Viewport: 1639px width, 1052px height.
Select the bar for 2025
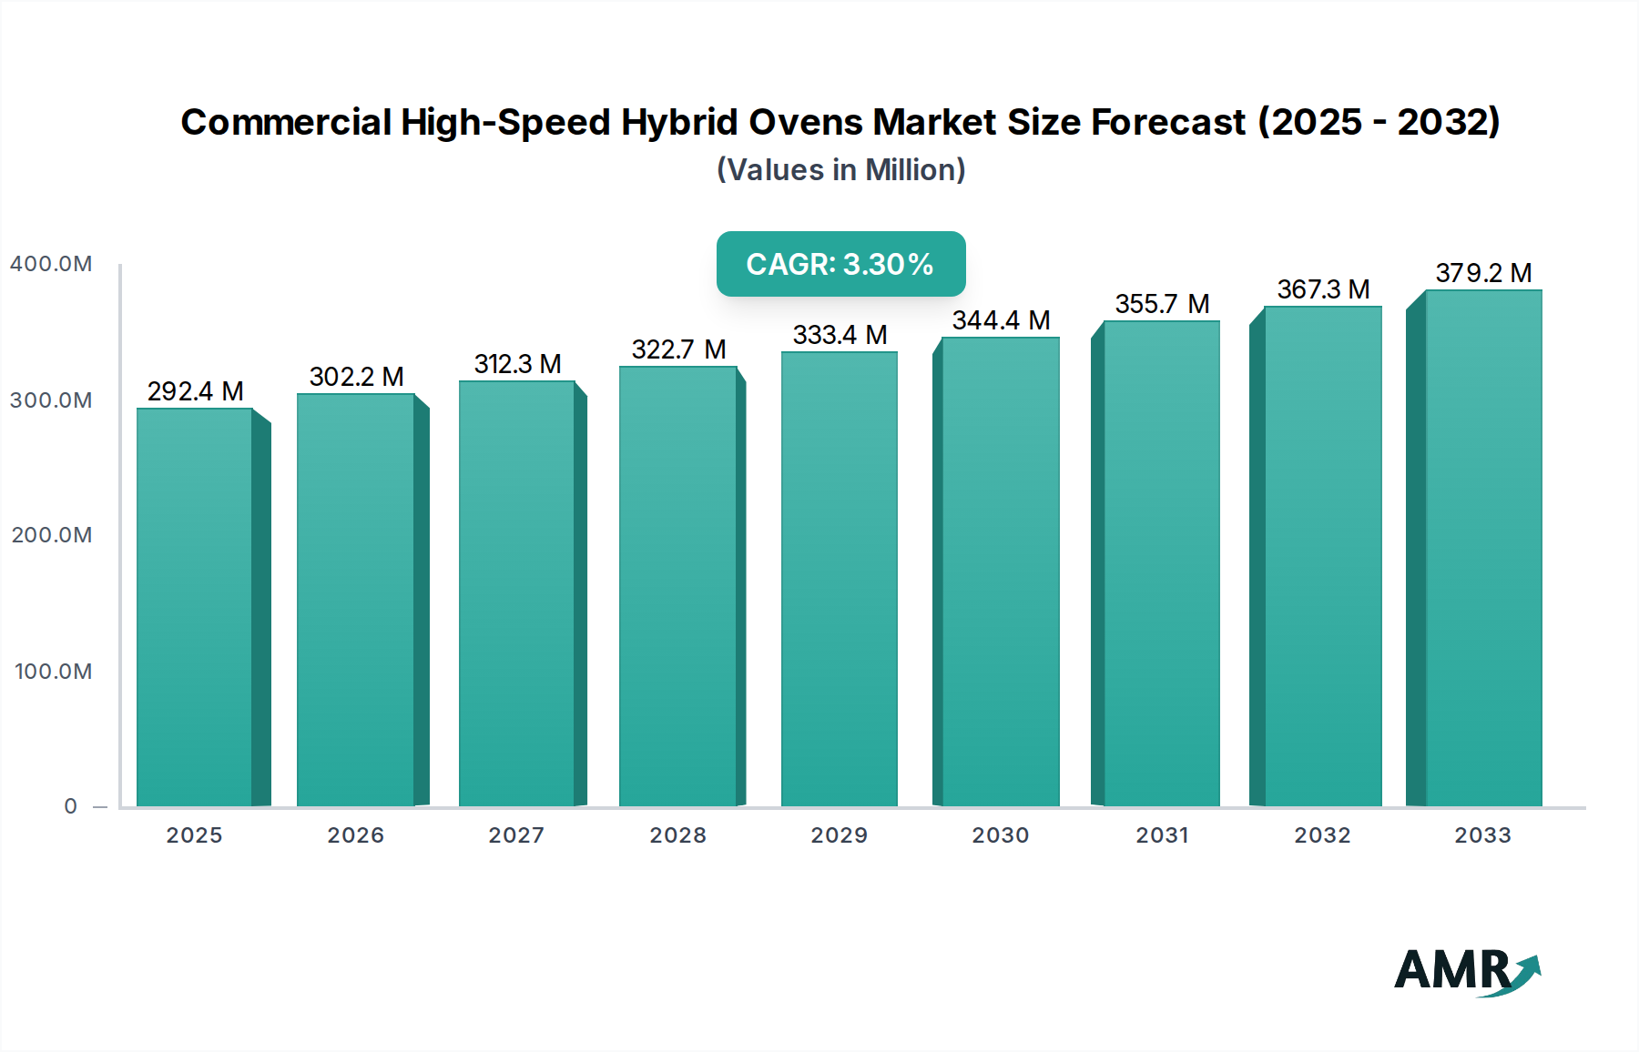click(x=195, y=607)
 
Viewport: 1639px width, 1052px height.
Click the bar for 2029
click(x=839, y=579)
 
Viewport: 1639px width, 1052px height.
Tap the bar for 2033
click(x=1483, y=548)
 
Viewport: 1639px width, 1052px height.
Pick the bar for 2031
click(x=1161, y=563)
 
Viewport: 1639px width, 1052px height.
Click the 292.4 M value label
click(x=195, y=391)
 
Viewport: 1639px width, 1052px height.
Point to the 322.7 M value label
click(x=678, y=349)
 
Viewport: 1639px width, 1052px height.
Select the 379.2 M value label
click(x=1483, y=273)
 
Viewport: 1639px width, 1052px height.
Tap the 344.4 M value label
click(x=1001, y=320)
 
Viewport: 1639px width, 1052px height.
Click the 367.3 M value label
click(x=1323, y=289)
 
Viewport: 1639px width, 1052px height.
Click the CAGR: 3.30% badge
click(x=840, y=264)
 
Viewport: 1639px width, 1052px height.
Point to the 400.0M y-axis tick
click(x=51, y=264)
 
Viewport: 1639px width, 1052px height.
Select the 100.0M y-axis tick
click(x=53, y=672)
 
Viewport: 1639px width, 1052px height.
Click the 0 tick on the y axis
click(x=71, y=806)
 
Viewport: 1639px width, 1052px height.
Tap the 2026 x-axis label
click(x=356, y=835)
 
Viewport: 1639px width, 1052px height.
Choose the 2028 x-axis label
click(x=678, y=835)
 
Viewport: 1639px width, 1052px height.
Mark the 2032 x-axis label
click(x=1323, y=835)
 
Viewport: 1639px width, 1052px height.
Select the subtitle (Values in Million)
click(x=840, y=170)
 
